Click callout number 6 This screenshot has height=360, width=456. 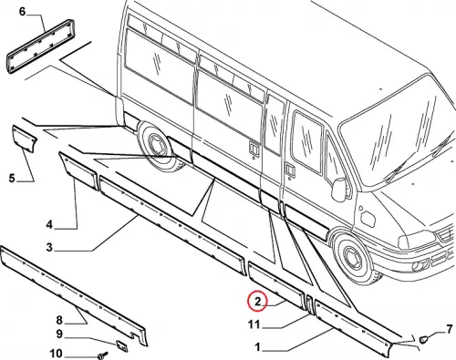(22, 12)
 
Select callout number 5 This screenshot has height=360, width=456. (12, 178)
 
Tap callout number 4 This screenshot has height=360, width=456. (49, 225)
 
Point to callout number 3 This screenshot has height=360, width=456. (49, 247)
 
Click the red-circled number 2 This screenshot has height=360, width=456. (257, 302)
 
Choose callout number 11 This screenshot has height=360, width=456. (254, 325)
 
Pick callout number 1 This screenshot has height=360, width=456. (257, 347)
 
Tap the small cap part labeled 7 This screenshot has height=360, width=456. (423, 339)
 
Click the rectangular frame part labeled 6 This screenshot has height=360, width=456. (40, 46)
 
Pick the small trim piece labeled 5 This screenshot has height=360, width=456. (25, 139)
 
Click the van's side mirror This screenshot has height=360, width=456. (339, 190)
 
